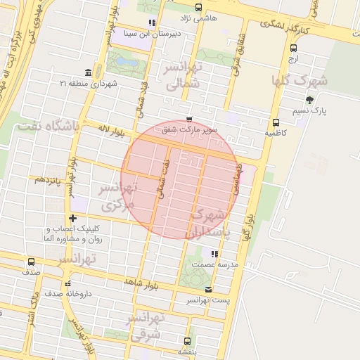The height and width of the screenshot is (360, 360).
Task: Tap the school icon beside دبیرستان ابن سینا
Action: (x=152, y=22)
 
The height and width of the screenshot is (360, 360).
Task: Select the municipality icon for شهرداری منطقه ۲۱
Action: (x=88, y=73)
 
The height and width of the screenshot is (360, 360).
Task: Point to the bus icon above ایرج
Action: (x=293, y=49)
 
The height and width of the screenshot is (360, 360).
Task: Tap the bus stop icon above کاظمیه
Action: (x=275, y=122)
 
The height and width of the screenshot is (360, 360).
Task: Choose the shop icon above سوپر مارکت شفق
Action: (x=188, y=120)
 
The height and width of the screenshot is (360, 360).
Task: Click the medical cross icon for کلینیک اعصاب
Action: (x=72, y=218)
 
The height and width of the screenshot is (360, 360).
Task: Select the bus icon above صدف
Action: (x=30, y=261)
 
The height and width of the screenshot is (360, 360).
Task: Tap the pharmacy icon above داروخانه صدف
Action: (x=67, y=283)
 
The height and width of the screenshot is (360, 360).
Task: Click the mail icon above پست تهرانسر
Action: (x=207, y=289)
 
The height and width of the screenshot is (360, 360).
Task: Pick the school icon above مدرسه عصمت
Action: (x=214, y=254)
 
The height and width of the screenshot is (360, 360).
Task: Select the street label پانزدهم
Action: (x=49, y=180)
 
